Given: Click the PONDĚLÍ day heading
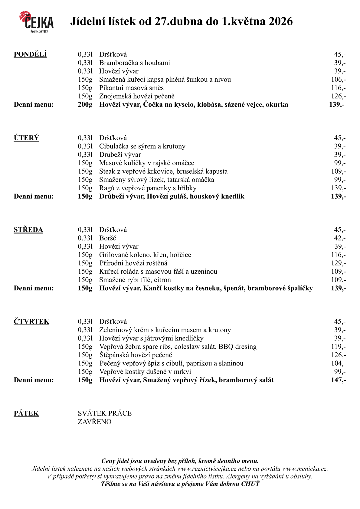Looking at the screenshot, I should coord(30,54).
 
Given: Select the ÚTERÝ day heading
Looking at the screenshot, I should coord(26,138).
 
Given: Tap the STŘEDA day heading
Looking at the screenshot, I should coord(28,230).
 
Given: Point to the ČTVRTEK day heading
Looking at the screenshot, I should coord(31,321).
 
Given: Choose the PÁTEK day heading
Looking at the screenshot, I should coord(26,413).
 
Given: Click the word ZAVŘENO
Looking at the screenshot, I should coord(95,422).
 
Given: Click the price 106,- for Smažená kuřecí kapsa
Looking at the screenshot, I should coord(338,80).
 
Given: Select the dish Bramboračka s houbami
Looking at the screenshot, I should coord(135,63).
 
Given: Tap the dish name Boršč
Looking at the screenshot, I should coord(108,238).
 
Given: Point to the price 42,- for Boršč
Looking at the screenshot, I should coord(340,238).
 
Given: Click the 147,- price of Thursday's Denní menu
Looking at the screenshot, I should coord(338,380).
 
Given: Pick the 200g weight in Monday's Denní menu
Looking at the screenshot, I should coord(85,105).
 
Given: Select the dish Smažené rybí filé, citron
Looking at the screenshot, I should coord(135,280).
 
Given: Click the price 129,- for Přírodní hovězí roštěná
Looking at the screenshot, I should coord(338,263).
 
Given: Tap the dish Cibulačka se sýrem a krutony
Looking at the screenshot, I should coord(142,146).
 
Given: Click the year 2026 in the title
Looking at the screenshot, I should coord(281,21).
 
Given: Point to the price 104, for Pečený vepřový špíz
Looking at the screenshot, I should coord(337,363).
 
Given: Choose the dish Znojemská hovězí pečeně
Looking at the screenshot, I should coord(137,96).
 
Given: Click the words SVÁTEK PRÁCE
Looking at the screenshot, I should coord(105,413).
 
